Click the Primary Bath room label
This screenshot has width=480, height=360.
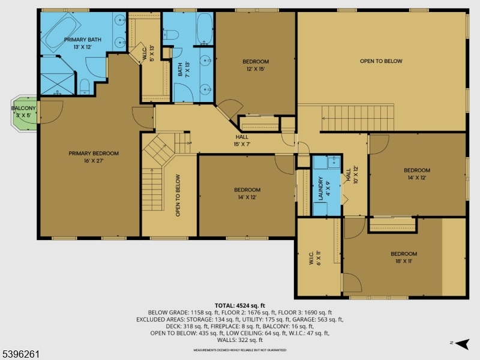(83, 43)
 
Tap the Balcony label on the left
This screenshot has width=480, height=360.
(24, 112)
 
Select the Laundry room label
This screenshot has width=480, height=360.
(321, 188)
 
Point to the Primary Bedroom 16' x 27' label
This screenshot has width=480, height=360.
(93, 157)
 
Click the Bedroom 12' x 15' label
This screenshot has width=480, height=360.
(256, 65)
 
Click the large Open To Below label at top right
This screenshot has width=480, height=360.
(381, 61)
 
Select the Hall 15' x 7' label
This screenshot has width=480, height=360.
(242, 140)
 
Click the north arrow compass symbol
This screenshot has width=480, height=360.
(461, 344)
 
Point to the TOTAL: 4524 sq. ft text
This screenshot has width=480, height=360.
(240, 306)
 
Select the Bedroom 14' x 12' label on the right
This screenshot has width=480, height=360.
(416, 173)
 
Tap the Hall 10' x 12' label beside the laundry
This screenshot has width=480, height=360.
(348, 175)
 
